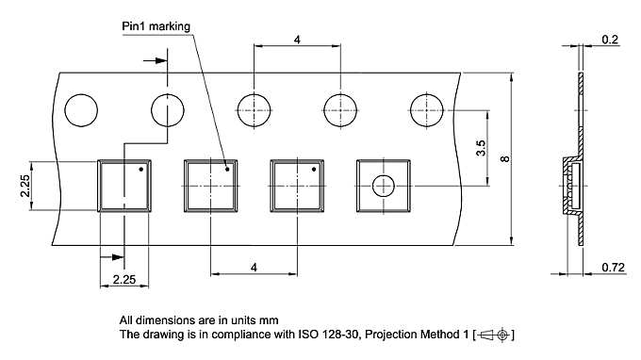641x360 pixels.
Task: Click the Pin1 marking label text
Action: (x=156, y=26)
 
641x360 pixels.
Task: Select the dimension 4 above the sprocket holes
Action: (x=297, y=40)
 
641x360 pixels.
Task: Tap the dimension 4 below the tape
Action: (x=254, y=268)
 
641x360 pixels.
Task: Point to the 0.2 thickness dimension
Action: (x=610, y=40)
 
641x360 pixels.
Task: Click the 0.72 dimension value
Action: (x=614, y=268)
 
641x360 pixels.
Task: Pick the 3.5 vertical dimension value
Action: (x=481, y=148)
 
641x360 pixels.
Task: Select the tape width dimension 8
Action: (x=505, y=158)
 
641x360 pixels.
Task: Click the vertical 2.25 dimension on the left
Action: (x=25, y=186)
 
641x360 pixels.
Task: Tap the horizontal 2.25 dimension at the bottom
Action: (x=124, y=280)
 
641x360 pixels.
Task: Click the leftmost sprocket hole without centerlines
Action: (x=81, y=110)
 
